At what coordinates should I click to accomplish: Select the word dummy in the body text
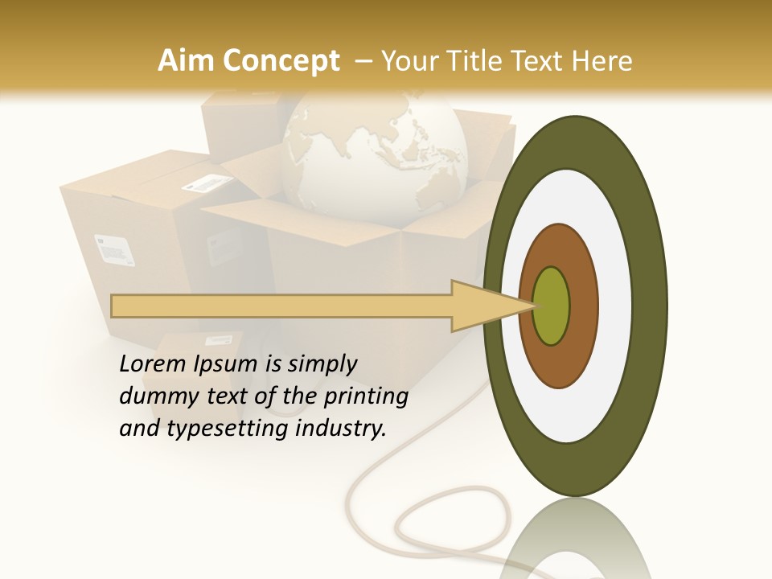(x=153, y=396)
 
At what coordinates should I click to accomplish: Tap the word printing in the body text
(x=366, y=396)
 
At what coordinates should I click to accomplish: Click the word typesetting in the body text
(x=228, y=429)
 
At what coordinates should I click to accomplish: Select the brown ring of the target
(x=583, y=306)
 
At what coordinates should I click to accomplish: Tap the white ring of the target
(x=615, y=306)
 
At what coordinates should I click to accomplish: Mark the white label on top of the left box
(x=204, y=183)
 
